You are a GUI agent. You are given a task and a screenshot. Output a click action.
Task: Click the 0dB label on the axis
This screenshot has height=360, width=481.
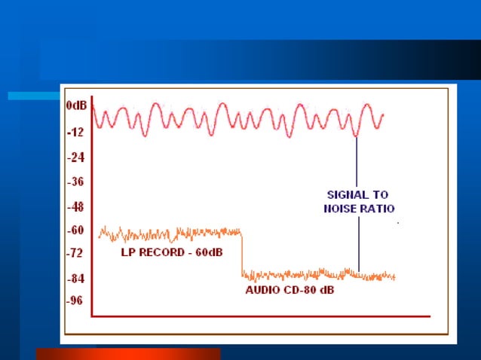[x=76, y=106]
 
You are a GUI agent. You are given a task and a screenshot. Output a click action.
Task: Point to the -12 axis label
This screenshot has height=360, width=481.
[x=75, y=133]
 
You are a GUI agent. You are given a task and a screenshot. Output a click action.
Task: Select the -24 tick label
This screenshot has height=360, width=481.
[x=75, y=157]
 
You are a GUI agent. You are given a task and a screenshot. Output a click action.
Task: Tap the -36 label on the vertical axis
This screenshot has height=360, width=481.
[x=75, y=182]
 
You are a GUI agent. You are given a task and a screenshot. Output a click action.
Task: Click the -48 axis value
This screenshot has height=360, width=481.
[x=75, y=206]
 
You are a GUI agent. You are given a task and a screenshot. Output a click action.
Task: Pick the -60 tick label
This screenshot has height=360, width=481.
[x=75, y=230]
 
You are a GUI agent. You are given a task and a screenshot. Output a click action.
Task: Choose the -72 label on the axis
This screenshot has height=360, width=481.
[x=75, y=254]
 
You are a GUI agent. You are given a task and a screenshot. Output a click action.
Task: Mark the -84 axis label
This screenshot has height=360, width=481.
[x=75, y=279]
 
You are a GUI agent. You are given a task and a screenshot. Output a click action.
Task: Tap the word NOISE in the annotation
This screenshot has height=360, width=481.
[x=333, y=208]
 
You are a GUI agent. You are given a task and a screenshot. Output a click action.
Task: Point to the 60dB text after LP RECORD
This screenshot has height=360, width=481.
[x=207, y=252]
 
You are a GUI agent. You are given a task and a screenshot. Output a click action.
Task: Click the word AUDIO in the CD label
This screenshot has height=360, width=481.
[x=262, y=290]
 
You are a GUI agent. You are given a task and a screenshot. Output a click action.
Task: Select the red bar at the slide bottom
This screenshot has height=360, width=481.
[x=128, y=353]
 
